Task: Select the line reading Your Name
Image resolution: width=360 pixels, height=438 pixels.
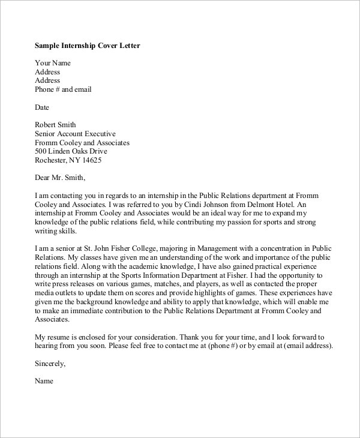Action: [x=53, y=62]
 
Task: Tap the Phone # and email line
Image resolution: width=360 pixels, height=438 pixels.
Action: [x=64, y=89]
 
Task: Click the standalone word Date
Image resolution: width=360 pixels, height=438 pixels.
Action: [x=42, y=107]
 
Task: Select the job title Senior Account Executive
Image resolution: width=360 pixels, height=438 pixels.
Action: [x=75, y=134]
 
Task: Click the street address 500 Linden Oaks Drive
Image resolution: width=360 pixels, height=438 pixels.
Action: [x=75, y=152]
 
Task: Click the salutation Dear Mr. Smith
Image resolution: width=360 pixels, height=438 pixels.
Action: [x=60, y=178]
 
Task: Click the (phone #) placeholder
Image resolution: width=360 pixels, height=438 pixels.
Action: [x=231, y=346]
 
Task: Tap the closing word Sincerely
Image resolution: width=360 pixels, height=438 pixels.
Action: [x=50, y=364]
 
